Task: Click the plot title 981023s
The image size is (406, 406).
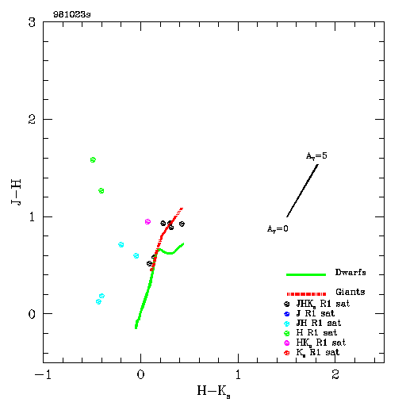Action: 72,14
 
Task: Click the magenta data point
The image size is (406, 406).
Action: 147,221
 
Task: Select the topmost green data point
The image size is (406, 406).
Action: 93,159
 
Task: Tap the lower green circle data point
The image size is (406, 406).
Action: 101,190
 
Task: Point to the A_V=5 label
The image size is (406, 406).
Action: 316,156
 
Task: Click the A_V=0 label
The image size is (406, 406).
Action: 278,228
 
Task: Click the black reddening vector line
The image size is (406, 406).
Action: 302,190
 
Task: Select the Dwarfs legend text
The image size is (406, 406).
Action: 350,272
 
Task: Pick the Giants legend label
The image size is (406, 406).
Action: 350,292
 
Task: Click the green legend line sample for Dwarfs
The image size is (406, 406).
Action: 306,274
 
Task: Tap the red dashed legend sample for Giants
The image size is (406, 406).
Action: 306,294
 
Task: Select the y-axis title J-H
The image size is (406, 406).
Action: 16,192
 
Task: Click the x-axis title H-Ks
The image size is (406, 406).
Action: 213,391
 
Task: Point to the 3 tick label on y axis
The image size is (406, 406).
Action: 32,22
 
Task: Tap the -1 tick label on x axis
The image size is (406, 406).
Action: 43,375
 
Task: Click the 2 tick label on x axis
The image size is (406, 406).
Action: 335,374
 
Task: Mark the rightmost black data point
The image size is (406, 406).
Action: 182,224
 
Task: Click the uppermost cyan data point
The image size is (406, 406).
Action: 121,244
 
